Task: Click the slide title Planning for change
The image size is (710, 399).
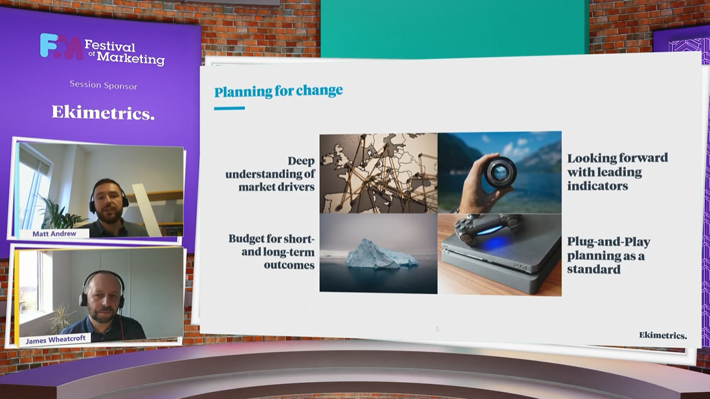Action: point(278,91)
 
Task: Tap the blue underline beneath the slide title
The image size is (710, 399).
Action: point(230,108)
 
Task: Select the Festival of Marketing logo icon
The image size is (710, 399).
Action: point(61,46)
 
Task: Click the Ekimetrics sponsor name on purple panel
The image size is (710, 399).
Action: point(104,112)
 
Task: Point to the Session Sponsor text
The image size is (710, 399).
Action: point(104,85)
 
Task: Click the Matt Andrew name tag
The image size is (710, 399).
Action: point(54,233)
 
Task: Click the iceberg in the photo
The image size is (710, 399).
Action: point(381,255)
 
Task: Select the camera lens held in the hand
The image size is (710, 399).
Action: point(500,172)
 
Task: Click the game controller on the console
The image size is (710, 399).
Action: point(487,228)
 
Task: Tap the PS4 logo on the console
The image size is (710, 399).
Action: point(521,267)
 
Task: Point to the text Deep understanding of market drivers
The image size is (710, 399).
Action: point(271,174)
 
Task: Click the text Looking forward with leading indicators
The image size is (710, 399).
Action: point(617,172)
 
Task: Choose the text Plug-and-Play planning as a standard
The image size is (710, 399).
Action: point(608,255)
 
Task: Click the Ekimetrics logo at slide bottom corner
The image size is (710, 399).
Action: point(663,335)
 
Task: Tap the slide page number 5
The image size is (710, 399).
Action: point(438,329)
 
